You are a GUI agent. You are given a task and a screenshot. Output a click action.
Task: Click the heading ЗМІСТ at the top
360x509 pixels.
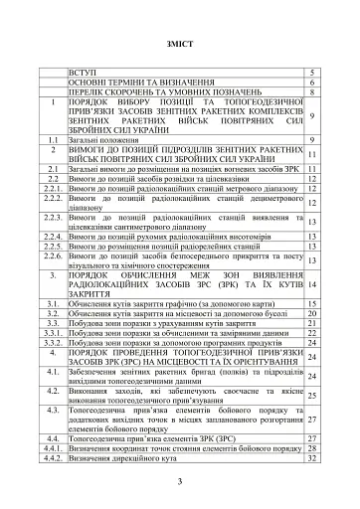click(180, 46)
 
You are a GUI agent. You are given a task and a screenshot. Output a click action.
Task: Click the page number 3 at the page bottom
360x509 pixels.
click(180, 481)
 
